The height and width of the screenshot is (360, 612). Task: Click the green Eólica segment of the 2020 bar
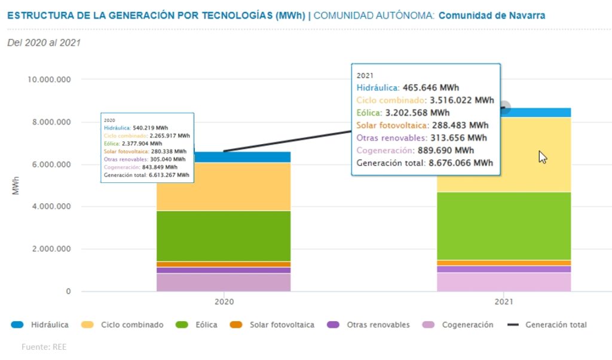pos(223,236)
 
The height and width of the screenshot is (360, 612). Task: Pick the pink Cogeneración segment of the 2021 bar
pos(503,282)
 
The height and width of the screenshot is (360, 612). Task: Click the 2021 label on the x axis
pos(503,303)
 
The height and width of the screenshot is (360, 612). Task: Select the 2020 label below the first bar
pos(224,303)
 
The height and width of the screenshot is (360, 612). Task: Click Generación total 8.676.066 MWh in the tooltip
pos(424,163)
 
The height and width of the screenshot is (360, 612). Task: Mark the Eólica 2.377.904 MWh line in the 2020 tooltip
pos(133,144)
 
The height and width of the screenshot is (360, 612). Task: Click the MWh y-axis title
pos(16,185)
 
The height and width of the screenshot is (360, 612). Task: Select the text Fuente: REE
pos(44,347)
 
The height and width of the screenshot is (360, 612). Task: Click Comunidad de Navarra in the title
pos(491,15)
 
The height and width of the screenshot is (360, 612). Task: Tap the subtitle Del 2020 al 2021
pos(44,42)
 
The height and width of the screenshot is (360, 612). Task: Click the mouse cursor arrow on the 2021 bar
pos(542,157)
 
